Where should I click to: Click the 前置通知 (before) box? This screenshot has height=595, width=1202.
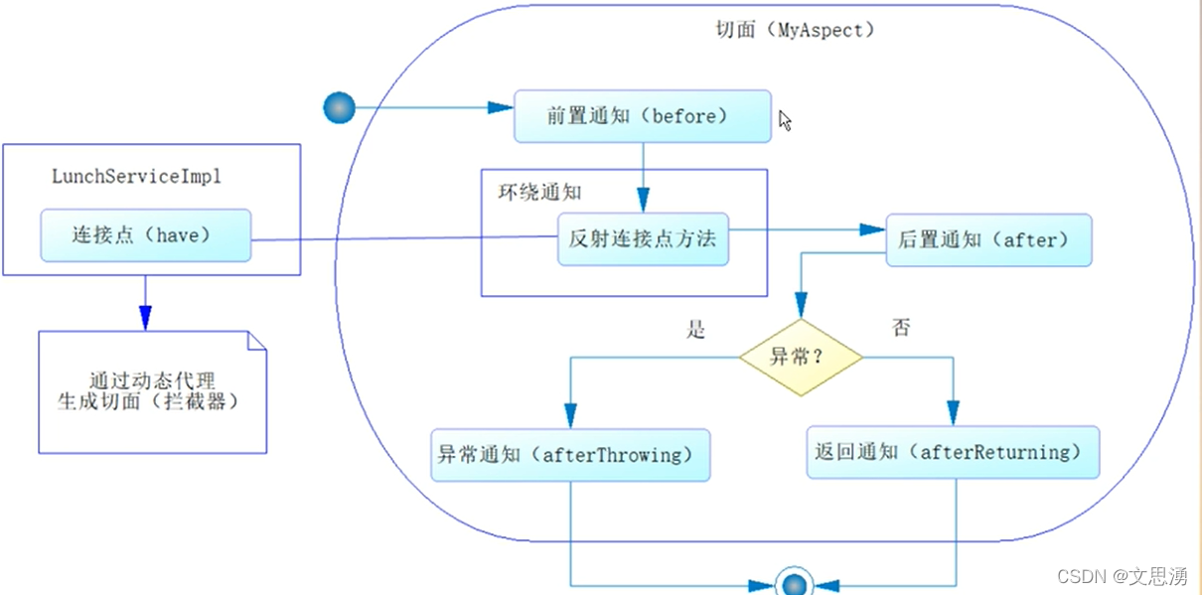(642, 116)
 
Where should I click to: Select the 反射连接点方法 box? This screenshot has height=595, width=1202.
(642, 239)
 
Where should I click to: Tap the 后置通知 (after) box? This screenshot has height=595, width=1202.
(988, 239)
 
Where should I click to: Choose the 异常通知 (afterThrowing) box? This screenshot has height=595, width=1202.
(569, 455)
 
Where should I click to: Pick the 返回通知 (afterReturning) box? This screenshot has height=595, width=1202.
(952, 453)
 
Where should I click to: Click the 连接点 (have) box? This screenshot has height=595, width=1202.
(145, 235)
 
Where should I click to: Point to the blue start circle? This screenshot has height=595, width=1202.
(340, 107)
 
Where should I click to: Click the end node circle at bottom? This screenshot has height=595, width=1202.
(794, 584)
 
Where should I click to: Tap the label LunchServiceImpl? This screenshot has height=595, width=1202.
(136, 177)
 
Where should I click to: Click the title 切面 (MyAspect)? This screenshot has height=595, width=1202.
(796, 30)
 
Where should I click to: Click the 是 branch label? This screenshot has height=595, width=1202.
(695, 330)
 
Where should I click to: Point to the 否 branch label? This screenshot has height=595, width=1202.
(901, 328)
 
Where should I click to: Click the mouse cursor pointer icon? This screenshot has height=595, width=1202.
(785, 121)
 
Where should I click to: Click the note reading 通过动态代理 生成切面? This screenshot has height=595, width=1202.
(152, 391)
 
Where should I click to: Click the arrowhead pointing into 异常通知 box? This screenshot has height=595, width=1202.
(570, 416)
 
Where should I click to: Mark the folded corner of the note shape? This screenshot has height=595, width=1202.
(256, 342)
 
